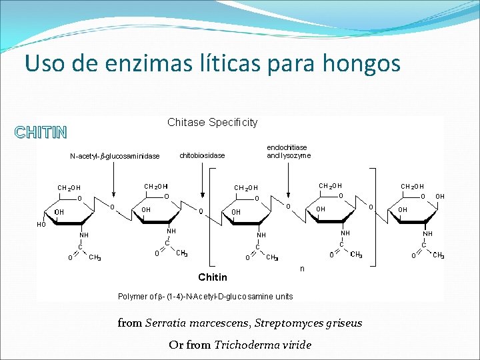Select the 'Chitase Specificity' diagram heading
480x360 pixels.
(x=212, y=122)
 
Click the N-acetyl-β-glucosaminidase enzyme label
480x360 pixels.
(x=115, y=157)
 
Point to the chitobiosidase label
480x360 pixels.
(x=203, y=155)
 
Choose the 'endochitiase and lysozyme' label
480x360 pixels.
(x=288, y=151)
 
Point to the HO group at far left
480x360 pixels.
(x=41, y=225)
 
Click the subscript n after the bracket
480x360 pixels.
(x=301, y=269)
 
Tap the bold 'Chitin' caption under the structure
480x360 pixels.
(x=213, y=277)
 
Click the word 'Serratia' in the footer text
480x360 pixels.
(x=168, y=323)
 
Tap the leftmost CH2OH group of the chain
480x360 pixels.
(x=69, y=188)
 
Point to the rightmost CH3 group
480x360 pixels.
(x=438, y=255)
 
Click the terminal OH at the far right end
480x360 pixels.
(x=439, y=197)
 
